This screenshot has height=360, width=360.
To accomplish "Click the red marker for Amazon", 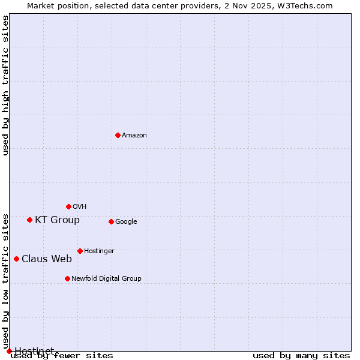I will point(118,135).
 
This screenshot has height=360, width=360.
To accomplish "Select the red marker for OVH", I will point(68,206).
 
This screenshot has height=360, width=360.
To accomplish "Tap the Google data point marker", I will point(111,221).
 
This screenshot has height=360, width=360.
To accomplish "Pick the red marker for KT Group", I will point(29,220).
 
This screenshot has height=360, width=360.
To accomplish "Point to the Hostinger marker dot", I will point(80,251).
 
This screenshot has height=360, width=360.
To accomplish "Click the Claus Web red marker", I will point(16,259).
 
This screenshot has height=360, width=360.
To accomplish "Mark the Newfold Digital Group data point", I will point(67,278).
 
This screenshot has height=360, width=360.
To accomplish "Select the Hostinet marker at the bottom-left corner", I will point(9,351).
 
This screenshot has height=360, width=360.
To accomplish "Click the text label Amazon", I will point(134,136).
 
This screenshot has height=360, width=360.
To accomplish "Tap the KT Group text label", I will point(57,220).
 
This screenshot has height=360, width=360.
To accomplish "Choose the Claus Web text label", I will point(47,259).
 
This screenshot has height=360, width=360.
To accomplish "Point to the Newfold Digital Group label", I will point(106,278).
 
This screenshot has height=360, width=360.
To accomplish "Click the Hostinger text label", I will point(99,251).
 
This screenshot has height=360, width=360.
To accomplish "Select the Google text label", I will point(126,222).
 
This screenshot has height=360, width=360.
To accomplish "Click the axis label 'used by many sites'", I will point(301,356).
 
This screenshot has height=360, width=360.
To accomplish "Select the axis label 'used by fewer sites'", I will point(62,356).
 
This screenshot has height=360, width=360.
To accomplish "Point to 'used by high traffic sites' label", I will point(6,85).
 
